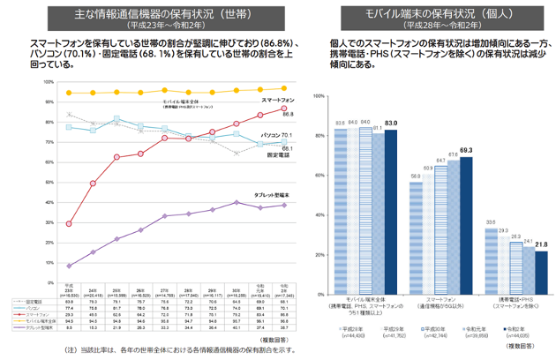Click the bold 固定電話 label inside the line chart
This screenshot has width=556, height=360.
[279, 155]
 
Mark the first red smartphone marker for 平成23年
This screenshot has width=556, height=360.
[70, 224]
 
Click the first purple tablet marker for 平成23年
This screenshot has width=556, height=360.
[70, 265]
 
